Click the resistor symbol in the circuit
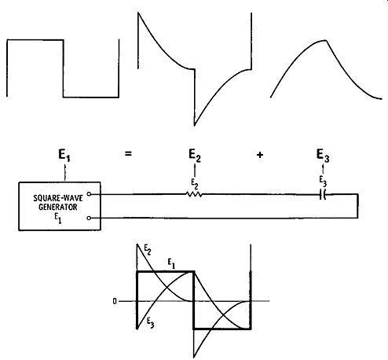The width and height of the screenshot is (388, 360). point(194,194)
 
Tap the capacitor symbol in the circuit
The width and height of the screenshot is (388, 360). point(323,195)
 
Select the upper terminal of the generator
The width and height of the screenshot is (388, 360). point(89,194)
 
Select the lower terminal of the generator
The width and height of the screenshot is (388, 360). point(89,218)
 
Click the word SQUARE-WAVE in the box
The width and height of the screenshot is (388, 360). point(58,198)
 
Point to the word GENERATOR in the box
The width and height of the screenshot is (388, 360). point(58,207)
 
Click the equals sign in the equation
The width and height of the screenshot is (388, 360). point(128,154)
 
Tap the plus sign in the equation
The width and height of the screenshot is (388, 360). point(259,155)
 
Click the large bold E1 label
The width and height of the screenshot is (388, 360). point(64,155)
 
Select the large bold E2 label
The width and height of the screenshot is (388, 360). point(195,155)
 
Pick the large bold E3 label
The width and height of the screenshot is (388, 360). point(323,155)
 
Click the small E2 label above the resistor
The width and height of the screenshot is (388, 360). point(195,184)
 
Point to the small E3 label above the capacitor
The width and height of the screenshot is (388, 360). point(323,181)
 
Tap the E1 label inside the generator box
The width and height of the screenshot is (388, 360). point(58,218)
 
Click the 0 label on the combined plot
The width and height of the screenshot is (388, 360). point(115,302)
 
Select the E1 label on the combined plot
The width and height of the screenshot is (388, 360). point(171,264)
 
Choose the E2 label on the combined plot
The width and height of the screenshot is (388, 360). point(148,250)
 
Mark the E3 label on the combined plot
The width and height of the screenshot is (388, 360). point(150,323)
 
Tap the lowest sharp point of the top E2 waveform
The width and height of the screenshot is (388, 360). point(194,125)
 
